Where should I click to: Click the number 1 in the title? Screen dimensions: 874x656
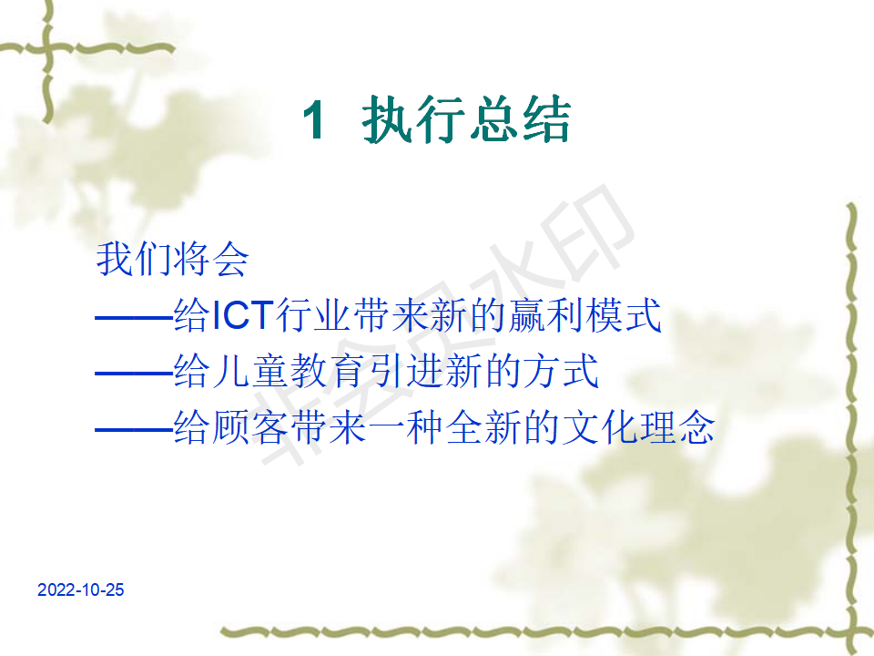[x=314, y=119]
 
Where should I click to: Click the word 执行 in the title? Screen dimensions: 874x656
[x=413, y=119]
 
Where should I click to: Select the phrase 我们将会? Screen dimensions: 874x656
[x=172, y=259]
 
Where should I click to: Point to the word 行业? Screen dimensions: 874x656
[x=313, y=315]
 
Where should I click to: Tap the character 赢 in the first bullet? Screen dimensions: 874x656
[x=528, y=315]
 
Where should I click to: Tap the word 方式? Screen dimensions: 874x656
[x=561, y=371]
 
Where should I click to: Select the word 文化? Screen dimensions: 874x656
[x=599, y=427]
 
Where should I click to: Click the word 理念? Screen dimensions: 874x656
[x=676, y=427]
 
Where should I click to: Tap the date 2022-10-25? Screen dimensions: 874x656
[x=81, y=589]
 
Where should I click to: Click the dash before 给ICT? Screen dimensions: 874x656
[x=134, y=318]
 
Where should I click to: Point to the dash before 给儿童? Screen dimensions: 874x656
[x=134, y=374]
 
